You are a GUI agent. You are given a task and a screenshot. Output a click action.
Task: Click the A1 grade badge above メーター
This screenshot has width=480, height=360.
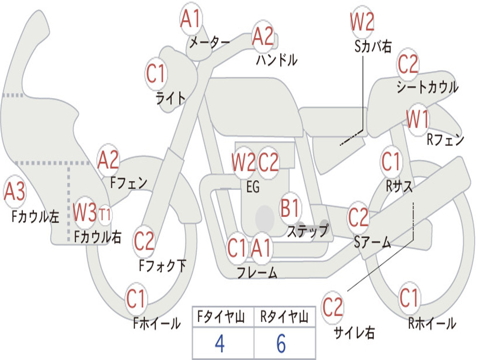[191, 20]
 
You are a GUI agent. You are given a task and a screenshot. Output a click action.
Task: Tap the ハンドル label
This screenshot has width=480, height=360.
[277, 60]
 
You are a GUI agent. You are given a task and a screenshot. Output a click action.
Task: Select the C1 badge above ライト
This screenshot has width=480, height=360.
[157, 74]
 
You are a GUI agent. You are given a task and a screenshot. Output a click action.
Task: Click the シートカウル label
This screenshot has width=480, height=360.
[427, 87]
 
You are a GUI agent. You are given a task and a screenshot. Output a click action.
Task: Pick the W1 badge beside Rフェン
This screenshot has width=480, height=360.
[418, 120]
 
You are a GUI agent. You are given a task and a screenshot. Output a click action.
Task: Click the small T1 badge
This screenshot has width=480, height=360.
[105, 215]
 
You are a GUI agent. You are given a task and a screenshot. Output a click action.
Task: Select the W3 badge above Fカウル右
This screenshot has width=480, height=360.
[85, 213]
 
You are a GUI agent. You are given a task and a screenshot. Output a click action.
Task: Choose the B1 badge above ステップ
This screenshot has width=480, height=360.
[290, 208]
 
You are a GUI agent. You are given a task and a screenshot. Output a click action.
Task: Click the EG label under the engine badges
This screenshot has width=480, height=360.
[253, 187]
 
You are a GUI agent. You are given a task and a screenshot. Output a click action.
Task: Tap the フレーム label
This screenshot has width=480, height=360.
[257, 272]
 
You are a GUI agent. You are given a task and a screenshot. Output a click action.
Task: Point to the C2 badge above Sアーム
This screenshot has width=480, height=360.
[359, 217]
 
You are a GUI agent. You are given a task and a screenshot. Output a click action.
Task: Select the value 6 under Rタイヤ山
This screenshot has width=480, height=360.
[281, 344]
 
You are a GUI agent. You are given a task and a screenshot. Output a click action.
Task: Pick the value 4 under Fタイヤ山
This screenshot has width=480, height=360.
[219, 344]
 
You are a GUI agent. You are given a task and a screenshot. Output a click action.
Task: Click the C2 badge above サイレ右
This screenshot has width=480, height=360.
[333, 307]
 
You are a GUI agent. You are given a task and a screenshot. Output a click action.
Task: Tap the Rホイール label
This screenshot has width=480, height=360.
[432, 323]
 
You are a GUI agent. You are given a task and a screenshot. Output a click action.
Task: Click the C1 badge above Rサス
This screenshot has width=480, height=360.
[391, 162]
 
